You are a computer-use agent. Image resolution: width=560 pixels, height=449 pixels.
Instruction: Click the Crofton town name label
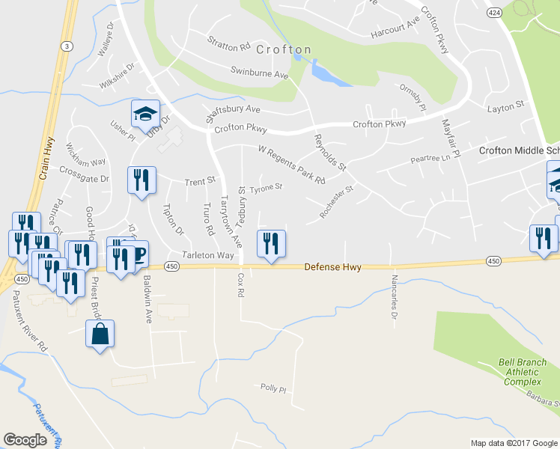(283, 50)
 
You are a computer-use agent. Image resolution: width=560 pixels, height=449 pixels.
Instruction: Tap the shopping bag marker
(100, 335)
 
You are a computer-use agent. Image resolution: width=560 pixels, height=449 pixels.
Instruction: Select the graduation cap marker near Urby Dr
(145, 114)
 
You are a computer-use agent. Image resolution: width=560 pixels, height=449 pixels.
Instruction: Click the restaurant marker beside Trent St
(141, 180)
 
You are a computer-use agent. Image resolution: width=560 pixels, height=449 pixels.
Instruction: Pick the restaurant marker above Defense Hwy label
(271, 244)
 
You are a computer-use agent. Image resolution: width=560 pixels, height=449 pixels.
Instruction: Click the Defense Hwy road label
(333, 267)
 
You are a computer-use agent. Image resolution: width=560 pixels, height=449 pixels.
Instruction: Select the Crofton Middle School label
(519, 150)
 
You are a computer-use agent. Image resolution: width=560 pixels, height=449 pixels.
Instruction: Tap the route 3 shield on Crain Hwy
(67, 46)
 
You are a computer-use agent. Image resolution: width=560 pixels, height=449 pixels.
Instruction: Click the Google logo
(25, 440)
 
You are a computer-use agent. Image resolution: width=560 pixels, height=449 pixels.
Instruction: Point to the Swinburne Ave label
(260, 76)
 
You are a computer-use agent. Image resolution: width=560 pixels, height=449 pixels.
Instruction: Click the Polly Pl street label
(273, 389)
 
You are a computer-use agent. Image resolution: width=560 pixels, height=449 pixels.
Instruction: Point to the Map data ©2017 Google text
(514, 443)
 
